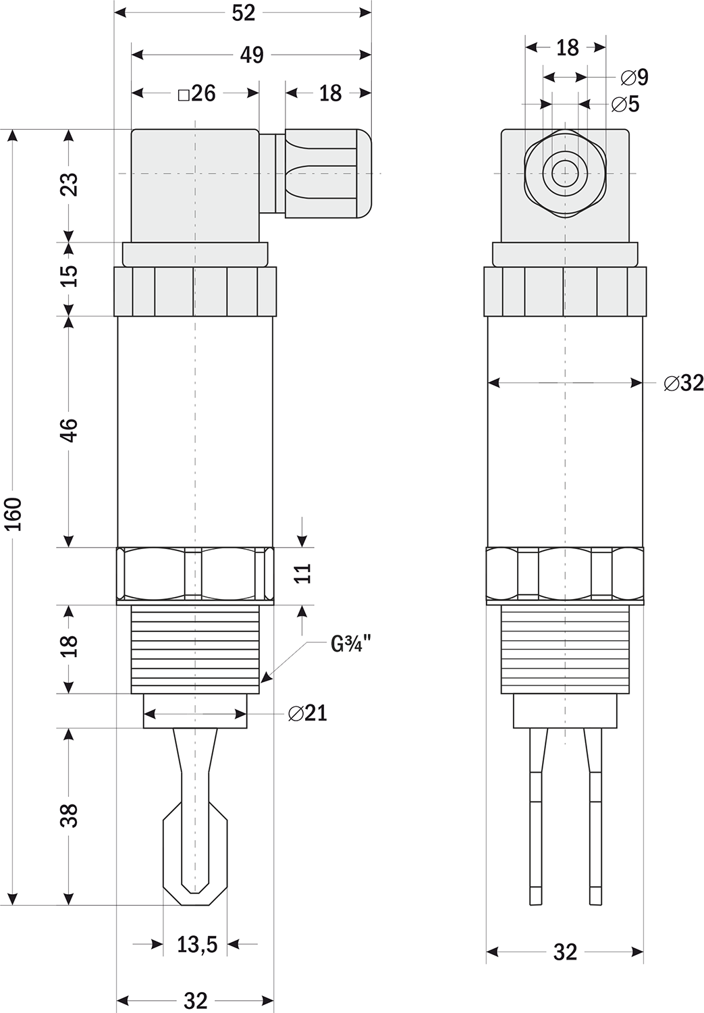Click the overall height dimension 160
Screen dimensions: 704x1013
click(15, 514)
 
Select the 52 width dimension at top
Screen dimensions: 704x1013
click(244, 14)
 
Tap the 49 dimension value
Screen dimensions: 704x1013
click(252, 55)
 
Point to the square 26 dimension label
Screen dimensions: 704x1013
click(197, 94)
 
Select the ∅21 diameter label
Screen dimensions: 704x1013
click(308, 713)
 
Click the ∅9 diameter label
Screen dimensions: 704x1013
click(634, 78)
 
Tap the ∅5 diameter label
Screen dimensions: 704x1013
click(626, 105)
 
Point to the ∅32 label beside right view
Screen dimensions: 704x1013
click(684, 384)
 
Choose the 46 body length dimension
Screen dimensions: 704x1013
click(69, 431)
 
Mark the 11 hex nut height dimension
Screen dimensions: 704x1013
click(303, 573)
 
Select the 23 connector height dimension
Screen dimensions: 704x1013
click(69, 184)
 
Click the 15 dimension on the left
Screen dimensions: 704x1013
click(69, 276)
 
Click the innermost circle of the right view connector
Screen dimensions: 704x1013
click(565, 174)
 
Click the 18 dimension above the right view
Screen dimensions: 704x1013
click(568, 47)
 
